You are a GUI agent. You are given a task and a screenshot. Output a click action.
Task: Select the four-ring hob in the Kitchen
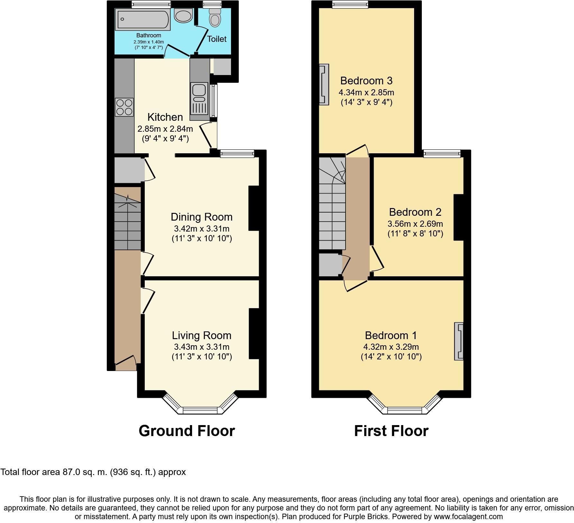[124, 107]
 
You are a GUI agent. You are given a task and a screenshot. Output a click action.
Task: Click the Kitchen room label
[165, 117]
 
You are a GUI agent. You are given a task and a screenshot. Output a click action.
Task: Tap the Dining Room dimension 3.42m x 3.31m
[201, 229]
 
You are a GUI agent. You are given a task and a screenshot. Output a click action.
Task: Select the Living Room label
[201, 335]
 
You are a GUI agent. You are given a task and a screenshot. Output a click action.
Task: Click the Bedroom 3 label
[366, 81]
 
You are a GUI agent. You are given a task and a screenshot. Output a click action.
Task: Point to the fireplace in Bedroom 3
[324, 84]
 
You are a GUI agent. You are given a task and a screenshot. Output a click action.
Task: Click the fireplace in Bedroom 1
[459, 341]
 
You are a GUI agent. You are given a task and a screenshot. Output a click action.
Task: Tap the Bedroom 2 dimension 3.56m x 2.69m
[415, 223]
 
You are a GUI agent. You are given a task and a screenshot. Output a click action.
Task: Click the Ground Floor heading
[187, 431]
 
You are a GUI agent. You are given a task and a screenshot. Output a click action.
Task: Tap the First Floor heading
[391, 431]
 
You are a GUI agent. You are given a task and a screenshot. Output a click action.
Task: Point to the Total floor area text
[93, 472]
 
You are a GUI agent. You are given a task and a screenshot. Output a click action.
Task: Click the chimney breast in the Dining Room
[254, 208]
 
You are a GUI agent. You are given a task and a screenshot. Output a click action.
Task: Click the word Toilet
[217, 39]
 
